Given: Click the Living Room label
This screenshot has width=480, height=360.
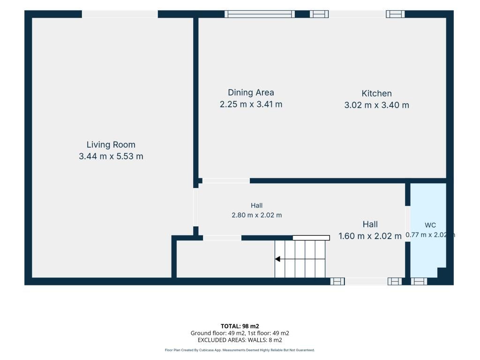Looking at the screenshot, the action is point(111,144).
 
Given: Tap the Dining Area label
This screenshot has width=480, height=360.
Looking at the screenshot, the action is point(251,92).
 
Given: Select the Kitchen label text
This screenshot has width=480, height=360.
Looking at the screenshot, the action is point(376,93).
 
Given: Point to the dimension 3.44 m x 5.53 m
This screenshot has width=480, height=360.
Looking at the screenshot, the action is point(111,157).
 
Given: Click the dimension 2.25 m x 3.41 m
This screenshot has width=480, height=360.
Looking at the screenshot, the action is point(251,105).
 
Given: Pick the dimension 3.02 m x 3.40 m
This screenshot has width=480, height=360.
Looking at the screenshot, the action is point(376,105).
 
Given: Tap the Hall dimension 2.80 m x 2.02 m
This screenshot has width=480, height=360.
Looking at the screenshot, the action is point(256,215).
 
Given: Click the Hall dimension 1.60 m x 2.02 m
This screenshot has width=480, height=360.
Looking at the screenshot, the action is point(370,236).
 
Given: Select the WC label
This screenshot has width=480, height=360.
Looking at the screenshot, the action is point(430,225).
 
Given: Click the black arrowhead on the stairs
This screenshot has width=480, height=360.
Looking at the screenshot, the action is point(277,259).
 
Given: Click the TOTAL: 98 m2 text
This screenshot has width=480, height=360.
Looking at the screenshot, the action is point(240,326).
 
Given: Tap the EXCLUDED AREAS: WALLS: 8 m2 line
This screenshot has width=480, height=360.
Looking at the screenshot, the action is point(240,340).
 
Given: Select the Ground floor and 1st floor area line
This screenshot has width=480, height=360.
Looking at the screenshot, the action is point(240,333).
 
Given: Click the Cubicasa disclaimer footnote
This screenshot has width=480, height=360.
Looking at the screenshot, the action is point(240,350).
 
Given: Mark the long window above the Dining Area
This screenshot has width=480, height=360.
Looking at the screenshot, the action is point(260,14).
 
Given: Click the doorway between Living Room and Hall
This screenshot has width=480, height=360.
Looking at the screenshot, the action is point(195,207).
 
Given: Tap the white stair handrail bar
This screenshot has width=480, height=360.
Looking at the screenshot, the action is point(311,238).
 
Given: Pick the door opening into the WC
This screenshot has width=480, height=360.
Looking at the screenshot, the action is point(408,224).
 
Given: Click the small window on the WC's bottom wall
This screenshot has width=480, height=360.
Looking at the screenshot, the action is point(419,281).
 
